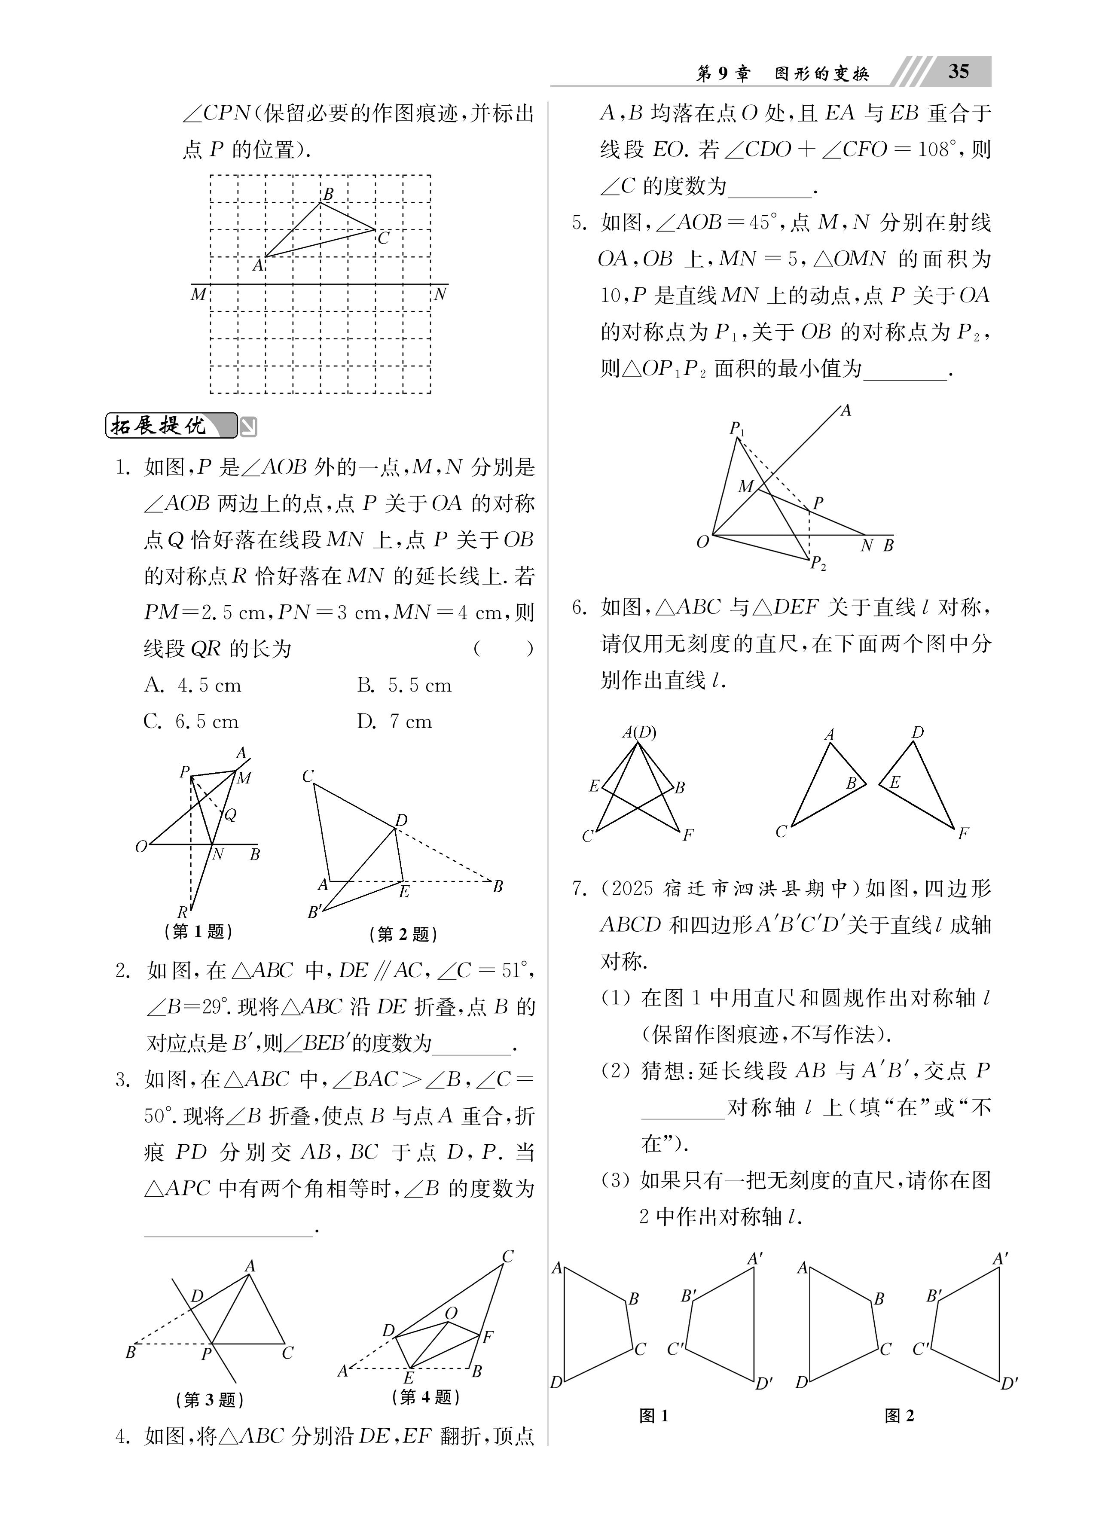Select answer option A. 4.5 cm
(192, 686)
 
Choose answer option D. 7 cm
(394, 722)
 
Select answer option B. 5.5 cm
(404, 686)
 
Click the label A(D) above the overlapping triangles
(638, 732)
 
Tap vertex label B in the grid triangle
(328, 194)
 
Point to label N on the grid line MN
(440, 294)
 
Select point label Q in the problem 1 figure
(230, 815)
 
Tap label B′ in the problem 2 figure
(314, 912)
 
